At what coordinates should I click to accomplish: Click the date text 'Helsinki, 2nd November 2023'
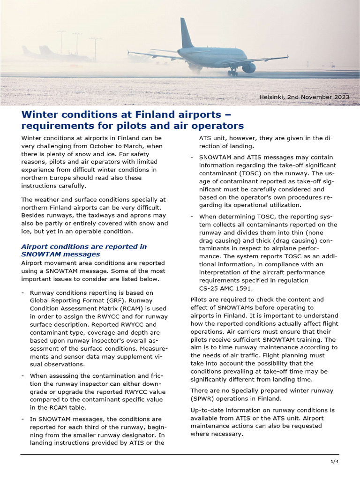coord(304,97)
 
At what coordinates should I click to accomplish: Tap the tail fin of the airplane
coord(186,33)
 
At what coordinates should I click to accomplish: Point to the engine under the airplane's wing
coord(248,67)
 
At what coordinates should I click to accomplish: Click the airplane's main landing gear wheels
coord(232,73)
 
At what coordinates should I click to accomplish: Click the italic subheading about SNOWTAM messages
coord(84,250)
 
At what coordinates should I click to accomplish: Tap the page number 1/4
coord(334,462)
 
